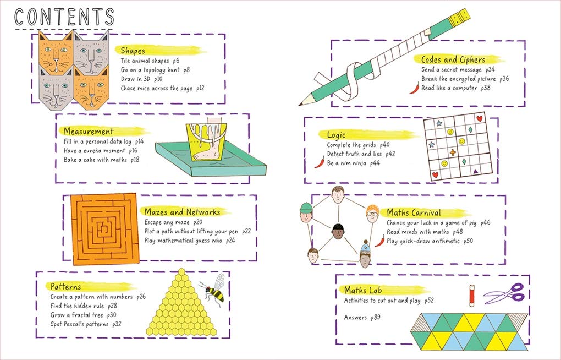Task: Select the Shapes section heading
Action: click(x=133, y=51)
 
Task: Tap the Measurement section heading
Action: click(x=89, y=132)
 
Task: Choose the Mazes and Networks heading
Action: click(x=182, y=212)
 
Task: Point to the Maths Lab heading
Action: click(x=363, y=290)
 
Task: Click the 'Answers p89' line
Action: click(x=362, y=318)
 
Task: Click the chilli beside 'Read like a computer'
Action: click(x=414, y=88)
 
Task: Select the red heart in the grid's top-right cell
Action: click(x=479, y=118)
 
